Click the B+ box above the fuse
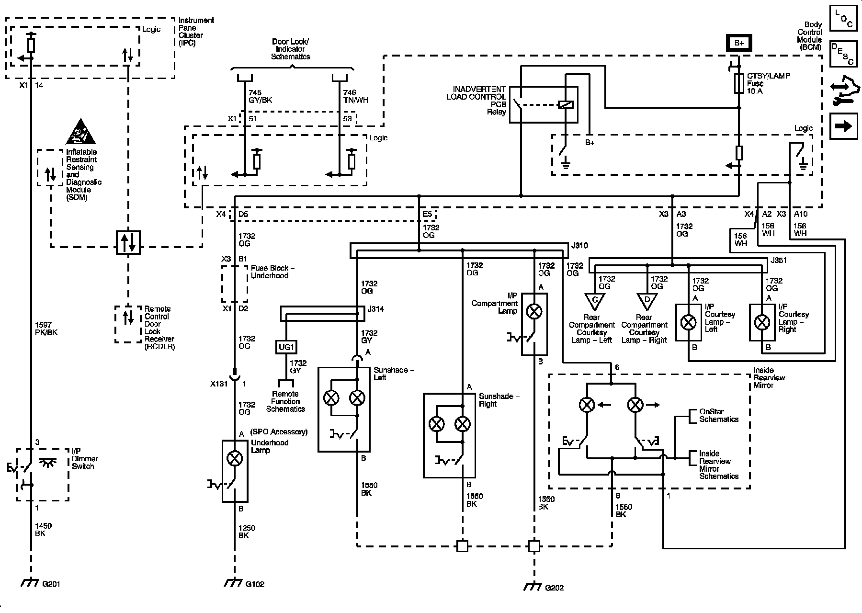(739, 43)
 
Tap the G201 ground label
(51, 584)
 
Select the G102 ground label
(255, 584)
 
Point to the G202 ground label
(554, 588)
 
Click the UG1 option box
(286, 347)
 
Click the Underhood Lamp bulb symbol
(235, 459)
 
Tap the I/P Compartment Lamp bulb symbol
(534, 312)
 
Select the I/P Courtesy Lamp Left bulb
(689, 322)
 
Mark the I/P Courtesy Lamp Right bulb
(762, 322)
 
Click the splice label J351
(779, 261)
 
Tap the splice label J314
(375, 309)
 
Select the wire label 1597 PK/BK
(46, 329)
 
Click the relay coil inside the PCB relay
(566, 104)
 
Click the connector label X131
(219, 384)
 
